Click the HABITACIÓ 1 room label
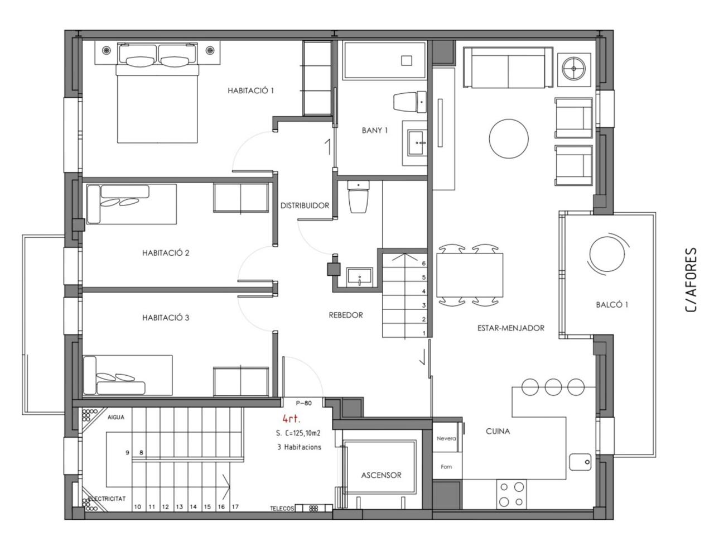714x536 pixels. [250, 90]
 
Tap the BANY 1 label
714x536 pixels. [375, 131]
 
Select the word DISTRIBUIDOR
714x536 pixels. [305, 205]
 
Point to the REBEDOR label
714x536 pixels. [346, 315]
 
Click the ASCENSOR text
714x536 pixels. [381, 475]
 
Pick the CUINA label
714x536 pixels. [498, 431]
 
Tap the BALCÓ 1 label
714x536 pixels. [612, 305]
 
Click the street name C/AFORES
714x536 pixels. [691, 280]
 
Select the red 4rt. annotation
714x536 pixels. [291, 419]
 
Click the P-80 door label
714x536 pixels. [304, 403]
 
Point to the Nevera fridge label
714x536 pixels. [446, 438]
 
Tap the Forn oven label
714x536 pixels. [446, 467]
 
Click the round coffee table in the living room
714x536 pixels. [509, 138]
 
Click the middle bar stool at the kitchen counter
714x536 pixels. [553, 387]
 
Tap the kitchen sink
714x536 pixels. [580, 462]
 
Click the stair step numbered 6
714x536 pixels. [423, 264]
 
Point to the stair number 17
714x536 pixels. [235, 507]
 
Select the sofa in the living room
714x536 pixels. [508, 68]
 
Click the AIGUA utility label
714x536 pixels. [116, 417]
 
